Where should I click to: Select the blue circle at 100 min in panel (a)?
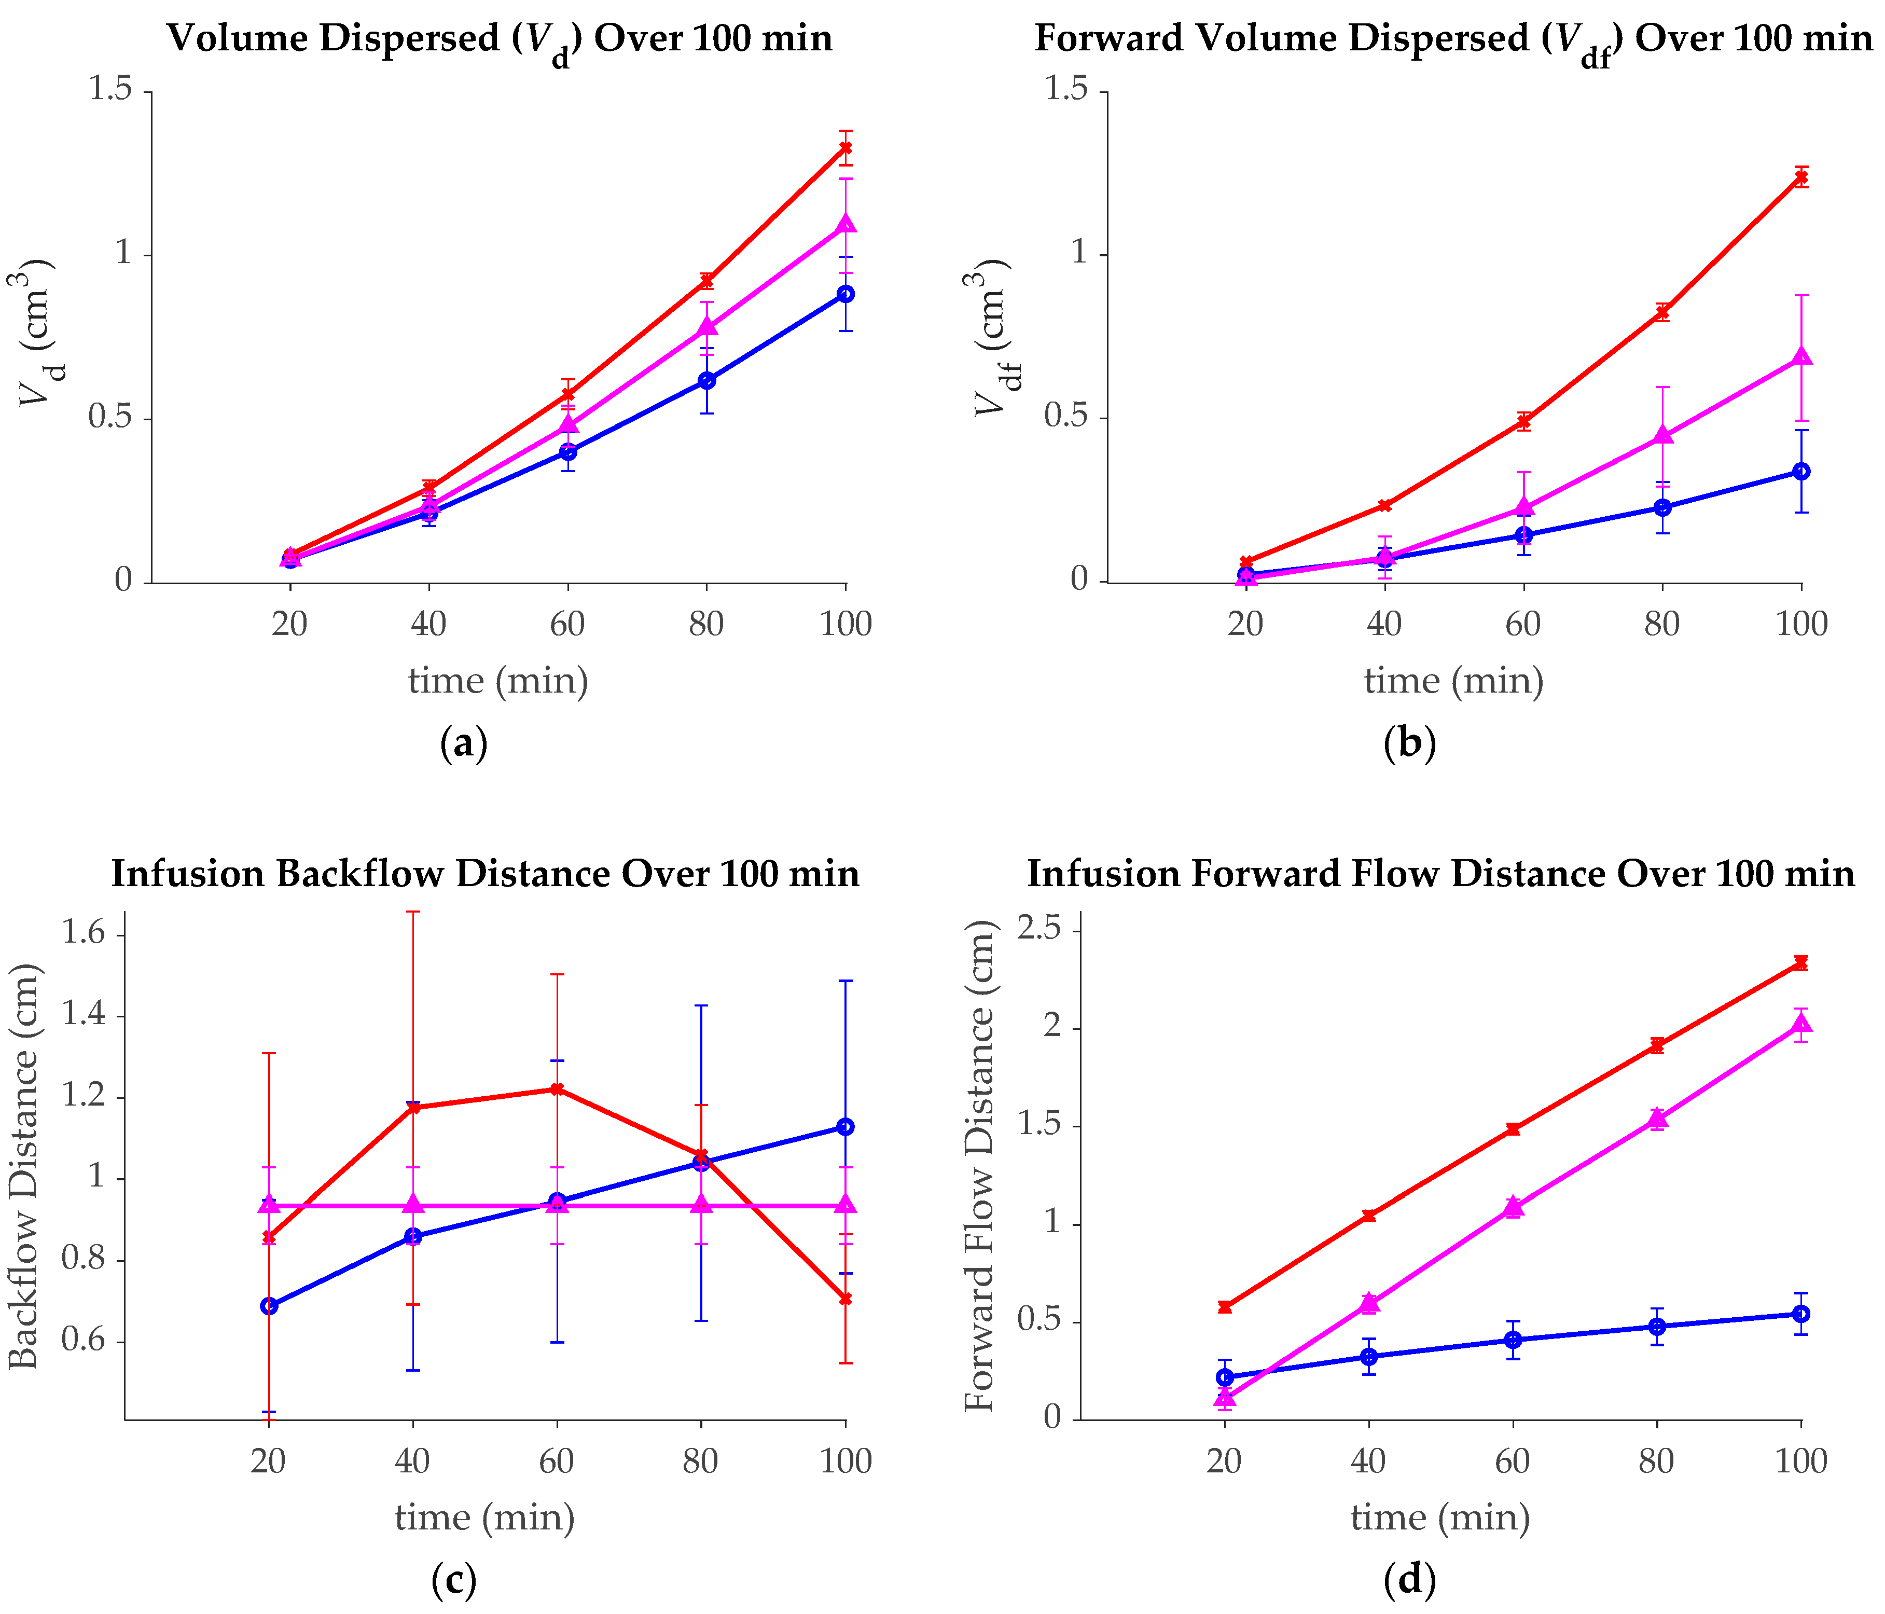click(846, 294)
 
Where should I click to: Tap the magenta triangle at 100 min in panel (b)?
click(1801, 356)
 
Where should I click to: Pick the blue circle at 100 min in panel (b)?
click(1801, 471)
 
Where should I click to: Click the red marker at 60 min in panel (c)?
click(557, 1089)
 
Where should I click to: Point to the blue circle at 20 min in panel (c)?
click(268, 1306)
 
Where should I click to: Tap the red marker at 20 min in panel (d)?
click(1225, 1306)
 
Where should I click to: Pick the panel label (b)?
click(1409, 743)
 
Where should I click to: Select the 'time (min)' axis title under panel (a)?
click(497, 681)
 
